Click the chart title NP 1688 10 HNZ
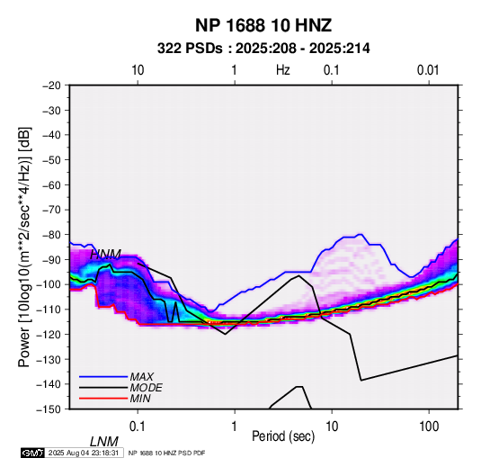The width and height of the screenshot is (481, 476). tap(263, 25)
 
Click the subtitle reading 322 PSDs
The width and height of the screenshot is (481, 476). tap(190, 49)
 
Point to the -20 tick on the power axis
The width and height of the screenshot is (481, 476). tap(51, 85)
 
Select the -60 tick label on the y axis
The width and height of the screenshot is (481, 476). tap(51, 184)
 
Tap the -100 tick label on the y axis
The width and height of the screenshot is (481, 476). tap(49, 284)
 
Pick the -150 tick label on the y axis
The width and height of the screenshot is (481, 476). tap(49, 409)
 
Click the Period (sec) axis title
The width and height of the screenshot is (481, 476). tap(283, 436)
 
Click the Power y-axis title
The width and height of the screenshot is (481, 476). tap(24, 247)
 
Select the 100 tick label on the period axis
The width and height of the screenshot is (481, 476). tap(429, 427)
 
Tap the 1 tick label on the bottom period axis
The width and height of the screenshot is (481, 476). tap(235, 427)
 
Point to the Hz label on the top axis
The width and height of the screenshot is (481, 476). tap(283, 70)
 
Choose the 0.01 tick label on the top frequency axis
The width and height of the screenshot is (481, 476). tap(428, 70)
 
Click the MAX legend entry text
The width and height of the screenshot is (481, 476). tap(142, 377)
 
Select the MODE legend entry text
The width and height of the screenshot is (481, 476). tap(146, 388)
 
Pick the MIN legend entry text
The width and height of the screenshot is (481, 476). tap(140, 399)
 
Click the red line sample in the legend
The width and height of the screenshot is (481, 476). tap(103, 399)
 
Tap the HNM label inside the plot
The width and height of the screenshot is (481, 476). tap(105, 255)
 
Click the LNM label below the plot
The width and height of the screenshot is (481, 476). tap(104, 442)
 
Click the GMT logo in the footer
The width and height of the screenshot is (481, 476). tap(33, 453)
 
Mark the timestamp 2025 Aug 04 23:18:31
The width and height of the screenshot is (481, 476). tap(84, 453)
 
